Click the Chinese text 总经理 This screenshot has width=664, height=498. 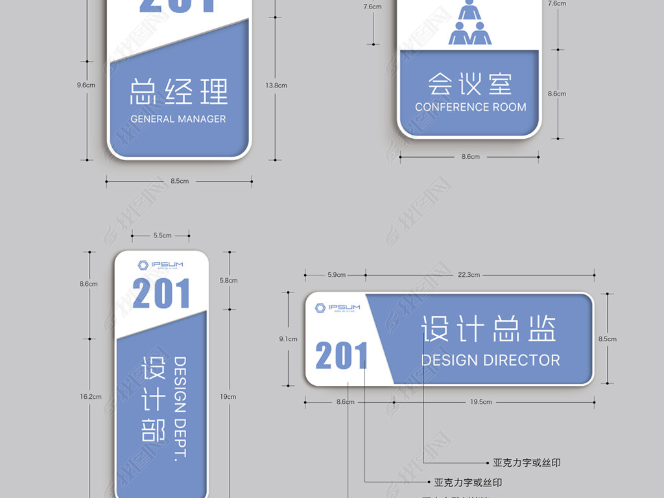[x=178, y=91]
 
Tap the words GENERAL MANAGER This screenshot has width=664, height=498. [x=178, y=119]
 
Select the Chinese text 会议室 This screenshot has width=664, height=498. [x=470, y=84]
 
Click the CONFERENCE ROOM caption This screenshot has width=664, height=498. [x=471, y=107]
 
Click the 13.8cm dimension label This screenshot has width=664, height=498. [x=276, y=85]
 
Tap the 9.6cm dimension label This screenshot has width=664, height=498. [x=86, y=85]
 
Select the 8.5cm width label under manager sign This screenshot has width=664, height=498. [x=180, y=181]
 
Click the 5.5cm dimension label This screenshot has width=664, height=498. [x=162, y=235]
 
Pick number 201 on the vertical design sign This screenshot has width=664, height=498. [x=161, y=294]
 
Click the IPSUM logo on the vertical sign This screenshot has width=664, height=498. [x=161, y=265]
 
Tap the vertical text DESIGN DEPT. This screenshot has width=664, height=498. [x=181, y=408]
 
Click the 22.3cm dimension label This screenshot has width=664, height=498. [x=469, y=275]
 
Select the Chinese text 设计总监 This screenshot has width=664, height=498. [x=489, y=329]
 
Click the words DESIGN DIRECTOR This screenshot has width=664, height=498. [x=491, y=360]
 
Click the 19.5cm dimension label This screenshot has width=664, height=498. [x=480, y=402]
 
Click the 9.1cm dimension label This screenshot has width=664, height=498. [x=288, y=339]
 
